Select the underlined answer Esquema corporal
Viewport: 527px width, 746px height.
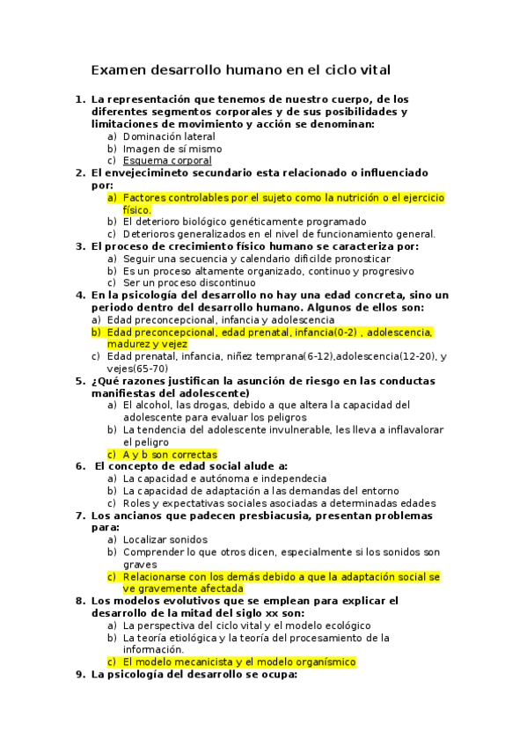(167, 161)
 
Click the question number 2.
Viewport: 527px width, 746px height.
(80, 172)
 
